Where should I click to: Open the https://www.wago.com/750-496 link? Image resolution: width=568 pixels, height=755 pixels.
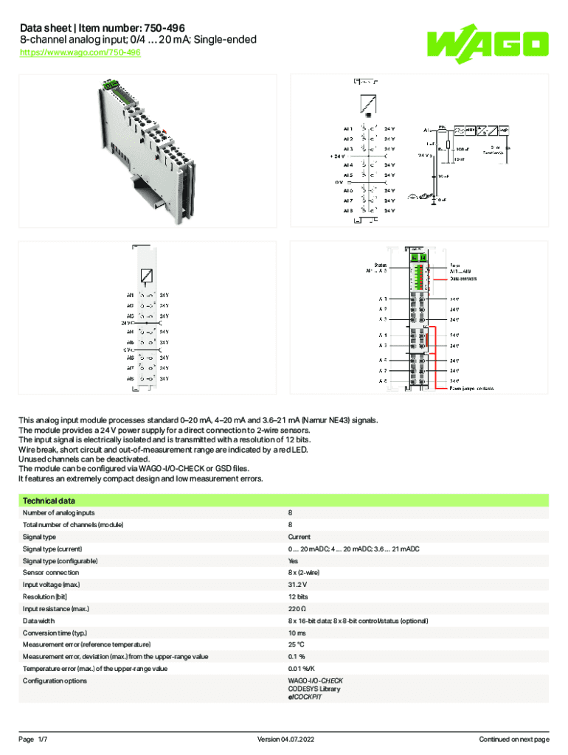pyautogui.click(x=80, y=53)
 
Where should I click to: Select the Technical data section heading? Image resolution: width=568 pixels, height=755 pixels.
pyautogui.click(x=48, y=501)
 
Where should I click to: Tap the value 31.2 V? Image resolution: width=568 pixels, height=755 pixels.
pyautogui.click(x=298, y=585)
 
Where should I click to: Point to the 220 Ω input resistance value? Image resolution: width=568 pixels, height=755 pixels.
pyautogui.click(x=297, y=609)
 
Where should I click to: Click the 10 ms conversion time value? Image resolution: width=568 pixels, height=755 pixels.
pyautogui.click(x=297, y=633)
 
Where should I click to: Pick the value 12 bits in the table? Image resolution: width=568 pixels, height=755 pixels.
pyautogui.click(x=298, y=596)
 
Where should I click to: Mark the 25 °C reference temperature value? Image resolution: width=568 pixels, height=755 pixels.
pyautogui.click(x=297, y=644)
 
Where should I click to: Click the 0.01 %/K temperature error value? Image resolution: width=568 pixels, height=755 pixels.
pyautogui.click(x=300, y=669)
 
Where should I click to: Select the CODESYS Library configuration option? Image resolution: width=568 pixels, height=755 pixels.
pyautogui.click(x=314, y=689)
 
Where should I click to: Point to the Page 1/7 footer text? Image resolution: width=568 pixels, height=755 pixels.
pyautogui.click(x=33, y=739)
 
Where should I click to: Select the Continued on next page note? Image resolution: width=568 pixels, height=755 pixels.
pyautogui.click(x=514, y=739)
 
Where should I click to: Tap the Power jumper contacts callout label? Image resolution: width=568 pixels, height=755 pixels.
pyautogui.click(x=472, y=387)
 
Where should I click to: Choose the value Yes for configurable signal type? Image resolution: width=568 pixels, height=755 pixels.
pyautogui.click(x=294, y=561)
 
